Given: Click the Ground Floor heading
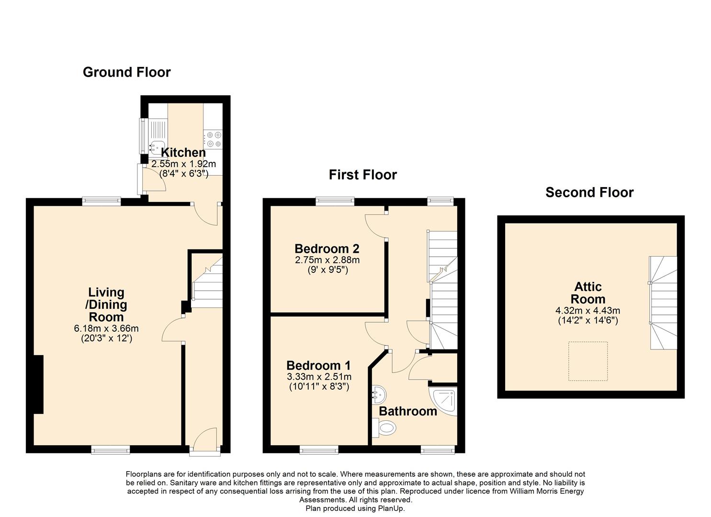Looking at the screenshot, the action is coord(127,72).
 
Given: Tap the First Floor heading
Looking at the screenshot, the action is coord(363,175).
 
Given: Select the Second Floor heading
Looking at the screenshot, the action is coord(589,192).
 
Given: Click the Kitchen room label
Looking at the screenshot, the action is coord(183,153).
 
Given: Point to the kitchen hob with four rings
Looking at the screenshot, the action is coord(213,139).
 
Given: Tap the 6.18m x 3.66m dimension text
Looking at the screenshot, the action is coord(106,328).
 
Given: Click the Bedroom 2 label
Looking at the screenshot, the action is coord(327,248).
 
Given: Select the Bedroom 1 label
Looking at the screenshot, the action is coord(319,365).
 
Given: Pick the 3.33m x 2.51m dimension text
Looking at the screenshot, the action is coord(319,377).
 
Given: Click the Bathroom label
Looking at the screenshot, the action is coord(408,411).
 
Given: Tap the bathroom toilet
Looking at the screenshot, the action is coord(384,428).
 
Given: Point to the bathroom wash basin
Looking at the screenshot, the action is coord(379,395).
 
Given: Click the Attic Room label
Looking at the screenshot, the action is coord(588,292).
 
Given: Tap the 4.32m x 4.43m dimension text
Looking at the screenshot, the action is coord(588,310).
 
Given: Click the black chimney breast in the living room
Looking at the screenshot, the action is coord(38,384).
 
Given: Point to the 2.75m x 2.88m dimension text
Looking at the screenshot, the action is coord(327,260).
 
